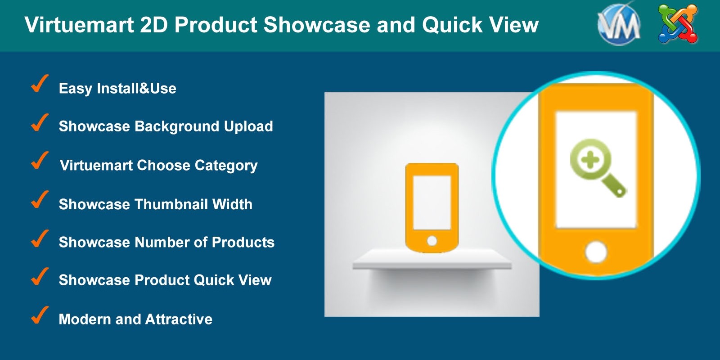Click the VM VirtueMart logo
619,24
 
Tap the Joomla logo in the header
678,23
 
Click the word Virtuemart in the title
79,24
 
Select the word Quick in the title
450,25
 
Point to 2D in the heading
154,24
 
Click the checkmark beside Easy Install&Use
40,84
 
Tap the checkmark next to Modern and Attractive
40,315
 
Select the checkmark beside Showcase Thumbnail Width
40,199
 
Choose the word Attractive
179,319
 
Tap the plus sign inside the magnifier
590,160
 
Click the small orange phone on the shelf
432,207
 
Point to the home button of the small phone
432,240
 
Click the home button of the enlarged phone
596,252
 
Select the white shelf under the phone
432,259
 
